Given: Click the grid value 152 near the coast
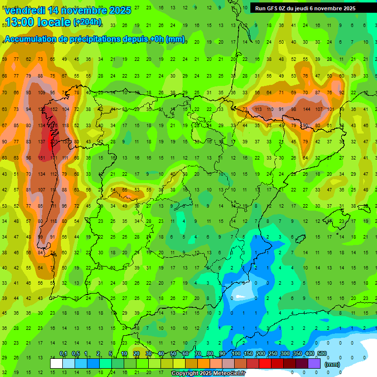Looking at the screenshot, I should coord(54,109).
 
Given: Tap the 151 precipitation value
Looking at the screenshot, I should coord(42,158).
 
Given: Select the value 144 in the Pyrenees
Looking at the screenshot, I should coord(307,109).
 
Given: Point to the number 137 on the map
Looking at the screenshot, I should coord(42,142).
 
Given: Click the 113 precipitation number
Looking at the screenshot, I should coord(258,109).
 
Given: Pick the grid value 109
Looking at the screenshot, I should coord(42,92).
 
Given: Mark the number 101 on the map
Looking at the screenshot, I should coord(330,109).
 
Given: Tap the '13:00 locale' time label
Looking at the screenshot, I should coord(38,22).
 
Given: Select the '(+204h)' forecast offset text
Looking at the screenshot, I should coord(87,22).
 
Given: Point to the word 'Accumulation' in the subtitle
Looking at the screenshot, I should coord(30,39).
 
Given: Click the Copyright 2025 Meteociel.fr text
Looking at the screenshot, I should coord(208,374).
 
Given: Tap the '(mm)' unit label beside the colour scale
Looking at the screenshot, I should coord(332,364).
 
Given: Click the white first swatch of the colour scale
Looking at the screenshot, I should coord(56,363).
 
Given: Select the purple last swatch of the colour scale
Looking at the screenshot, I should coord(314,363).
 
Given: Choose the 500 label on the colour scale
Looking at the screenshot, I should coord(322,354).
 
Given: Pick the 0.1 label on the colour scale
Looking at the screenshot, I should coord(63,354).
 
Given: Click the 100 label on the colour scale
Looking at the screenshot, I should coord(236,354).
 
